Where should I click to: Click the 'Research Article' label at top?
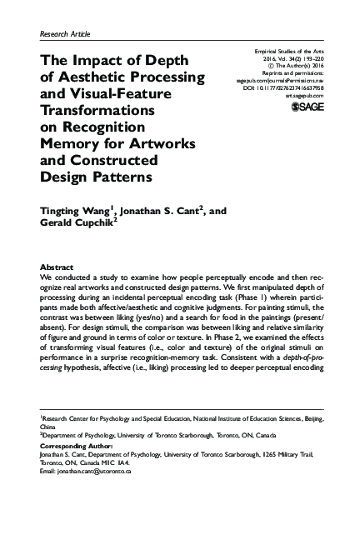click(65, 33)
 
